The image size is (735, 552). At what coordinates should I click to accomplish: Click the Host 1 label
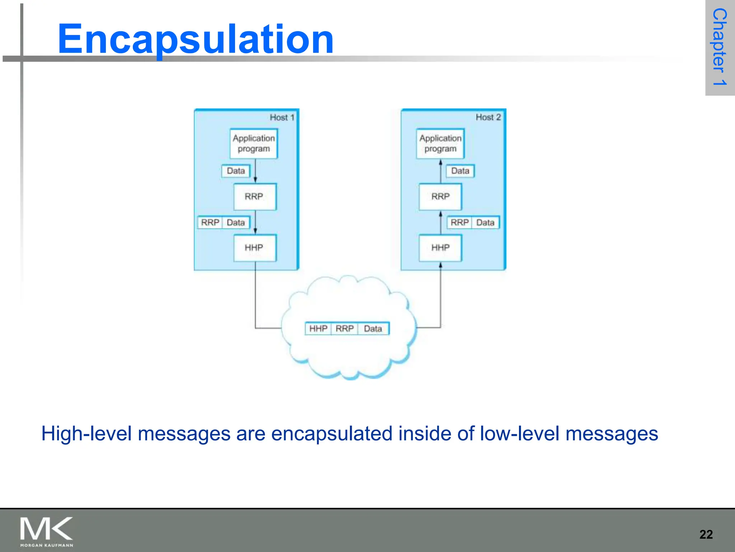point(282,118)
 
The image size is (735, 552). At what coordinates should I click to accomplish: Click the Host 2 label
point(488,117)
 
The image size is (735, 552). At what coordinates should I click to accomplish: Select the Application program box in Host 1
point(254,143)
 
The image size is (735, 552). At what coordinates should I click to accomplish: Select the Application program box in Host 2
point(440,143)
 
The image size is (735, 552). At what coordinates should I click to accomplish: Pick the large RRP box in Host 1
point(254,197)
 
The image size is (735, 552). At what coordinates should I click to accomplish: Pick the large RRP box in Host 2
point(440,197)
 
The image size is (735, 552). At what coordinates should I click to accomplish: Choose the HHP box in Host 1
point(254,248)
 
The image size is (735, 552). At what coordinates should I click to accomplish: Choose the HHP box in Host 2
point(440,248)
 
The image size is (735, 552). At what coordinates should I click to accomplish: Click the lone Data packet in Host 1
point(236,171)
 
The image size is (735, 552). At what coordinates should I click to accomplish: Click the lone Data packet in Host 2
point(460,171)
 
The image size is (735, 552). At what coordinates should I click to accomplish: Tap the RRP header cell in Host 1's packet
point(210,222)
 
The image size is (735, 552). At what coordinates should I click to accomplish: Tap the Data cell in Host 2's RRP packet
point(485,222)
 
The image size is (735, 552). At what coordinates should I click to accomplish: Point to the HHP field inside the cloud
point(318,328)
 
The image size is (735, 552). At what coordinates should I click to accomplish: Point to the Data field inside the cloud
point(373,328)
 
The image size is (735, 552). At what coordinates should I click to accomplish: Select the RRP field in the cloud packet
point(345,328)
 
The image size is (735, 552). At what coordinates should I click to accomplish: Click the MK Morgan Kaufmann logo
point(47,532)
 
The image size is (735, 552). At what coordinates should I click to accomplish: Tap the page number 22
point(706,534)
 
